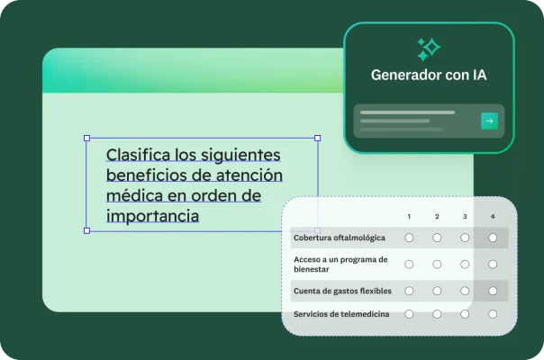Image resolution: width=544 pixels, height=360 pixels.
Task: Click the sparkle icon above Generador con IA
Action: click(428, 49)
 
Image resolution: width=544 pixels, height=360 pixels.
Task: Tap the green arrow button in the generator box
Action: click(489, 121)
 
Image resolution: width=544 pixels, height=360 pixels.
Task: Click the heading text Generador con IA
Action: click(429, 76)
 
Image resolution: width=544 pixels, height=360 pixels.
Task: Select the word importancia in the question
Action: click(152, 216)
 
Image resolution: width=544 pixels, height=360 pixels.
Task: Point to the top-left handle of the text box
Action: click(86, 139)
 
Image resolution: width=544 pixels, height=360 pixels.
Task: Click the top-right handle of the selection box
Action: click(317, 139)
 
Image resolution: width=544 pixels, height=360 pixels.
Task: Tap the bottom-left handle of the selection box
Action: click(86, 230)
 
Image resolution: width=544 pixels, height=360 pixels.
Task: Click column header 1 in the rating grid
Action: click(409, 217)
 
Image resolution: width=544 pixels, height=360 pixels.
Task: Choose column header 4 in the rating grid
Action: click(492, 217)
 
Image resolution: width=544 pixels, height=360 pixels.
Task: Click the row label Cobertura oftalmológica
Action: click(339, 238)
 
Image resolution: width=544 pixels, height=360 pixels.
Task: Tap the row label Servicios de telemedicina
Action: click(340, 313)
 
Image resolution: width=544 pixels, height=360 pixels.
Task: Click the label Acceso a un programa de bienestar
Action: click(340, 264)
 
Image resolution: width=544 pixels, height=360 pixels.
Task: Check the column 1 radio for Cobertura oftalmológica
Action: click(409, 238)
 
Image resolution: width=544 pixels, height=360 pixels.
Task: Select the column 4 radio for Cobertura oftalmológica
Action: click(492, 238)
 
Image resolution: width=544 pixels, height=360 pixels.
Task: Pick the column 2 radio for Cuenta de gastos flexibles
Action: click(437, 291)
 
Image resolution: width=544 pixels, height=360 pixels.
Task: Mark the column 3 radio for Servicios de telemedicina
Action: click(465, 313)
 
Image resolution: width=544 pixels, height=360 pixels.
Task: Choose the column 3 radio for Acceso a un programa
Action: click(465, 264)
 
